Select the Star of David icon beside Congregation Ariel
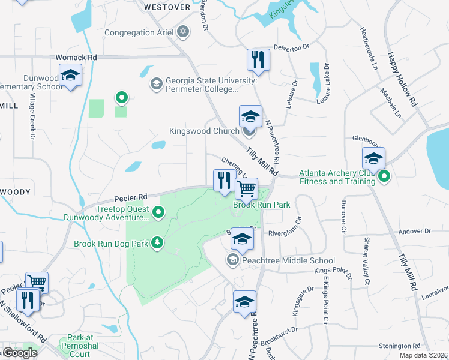point(183,32)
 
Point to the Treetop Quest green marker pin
point(158,211)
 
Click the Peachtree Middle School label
point(288,260)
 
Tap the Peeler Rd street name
point(130,197)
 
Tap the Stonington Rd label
point(399,346)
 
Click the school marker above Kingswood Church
point(250,116)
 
